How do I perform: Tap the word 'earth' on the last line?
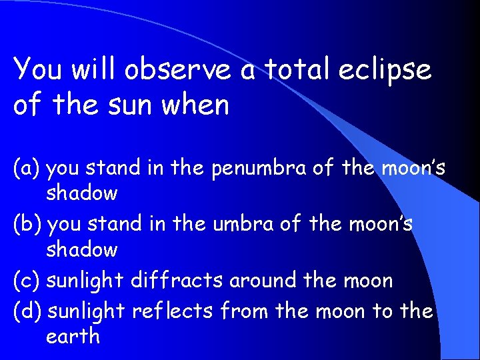point(73,336)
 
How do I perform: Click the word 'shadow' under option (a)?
point(81,194)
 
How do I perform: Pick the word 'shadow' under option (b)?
point(81,250)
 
